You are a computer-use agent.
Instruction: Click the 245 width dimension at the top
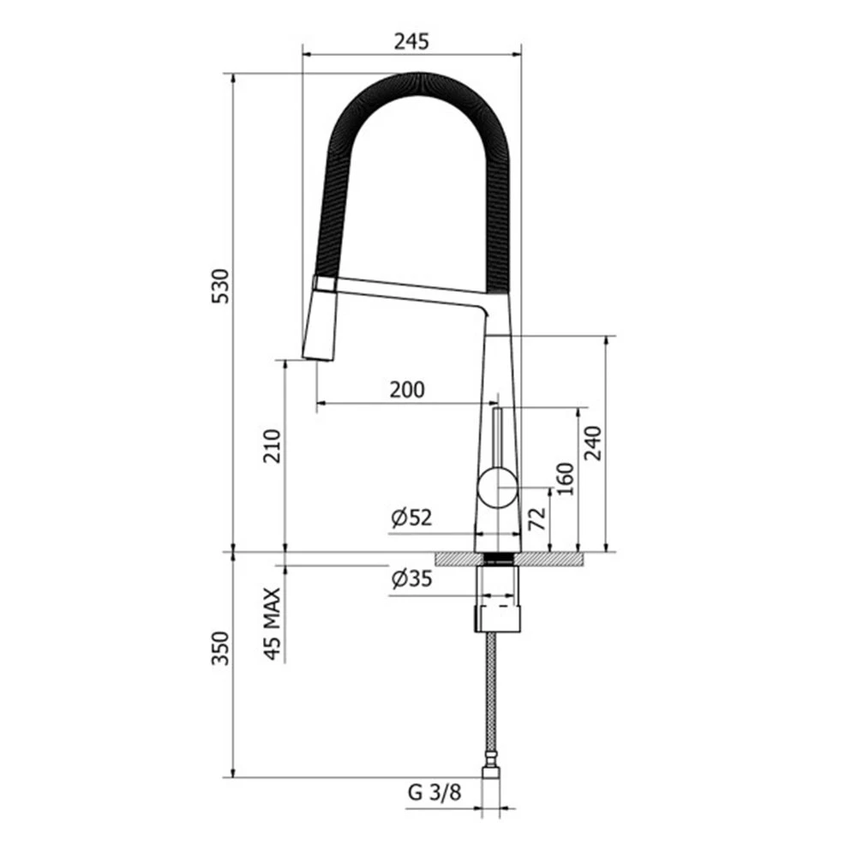[x=411, y=41]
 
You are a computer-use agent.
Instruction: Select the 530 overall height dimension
[x=221, y=286]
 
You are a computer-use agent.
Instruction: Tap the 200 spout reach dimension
[x=406, y=390]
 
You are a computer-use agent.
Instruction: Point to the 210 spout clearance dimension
[x=273, y=446]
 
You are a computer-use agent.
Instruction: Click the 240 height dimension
[x=592, y=443]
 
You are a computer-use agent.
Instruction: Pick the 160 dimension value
[x=566, y=479]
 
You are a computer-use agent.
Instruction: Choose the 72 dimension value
[x=537, y=518]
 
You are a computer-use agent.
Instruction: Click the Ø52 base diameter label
[x=411, y=517]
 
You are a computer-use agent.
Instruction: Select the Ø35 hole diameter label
[x=411, y=578]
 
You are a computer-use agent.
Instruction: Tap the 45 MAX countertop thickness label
[x=273, y=624]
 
